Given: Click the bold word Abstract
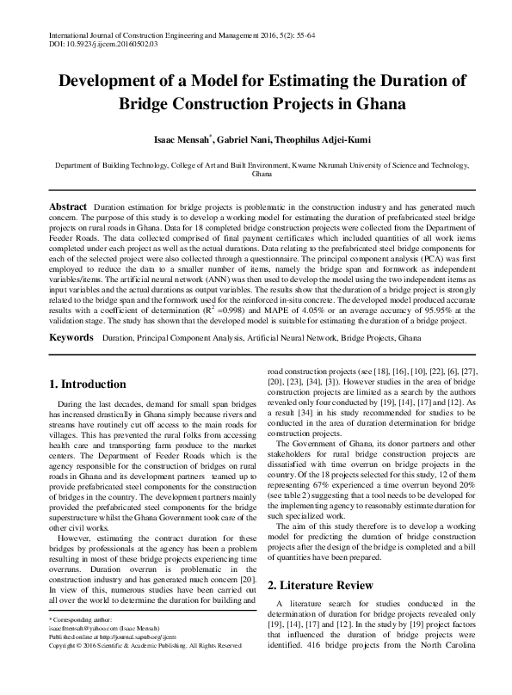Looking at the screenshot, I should coord(67,207).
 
